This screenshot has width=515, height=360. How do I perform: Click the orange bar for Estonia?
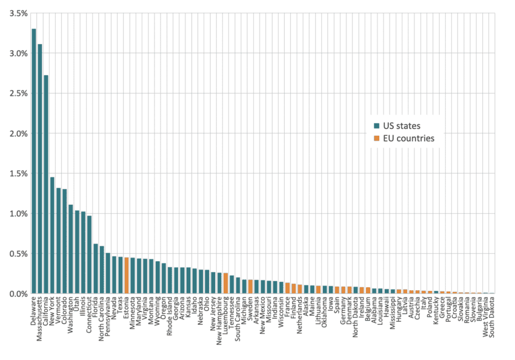point(127,276)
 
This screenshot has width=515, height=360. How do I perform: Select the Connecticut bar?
point(89,255)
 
